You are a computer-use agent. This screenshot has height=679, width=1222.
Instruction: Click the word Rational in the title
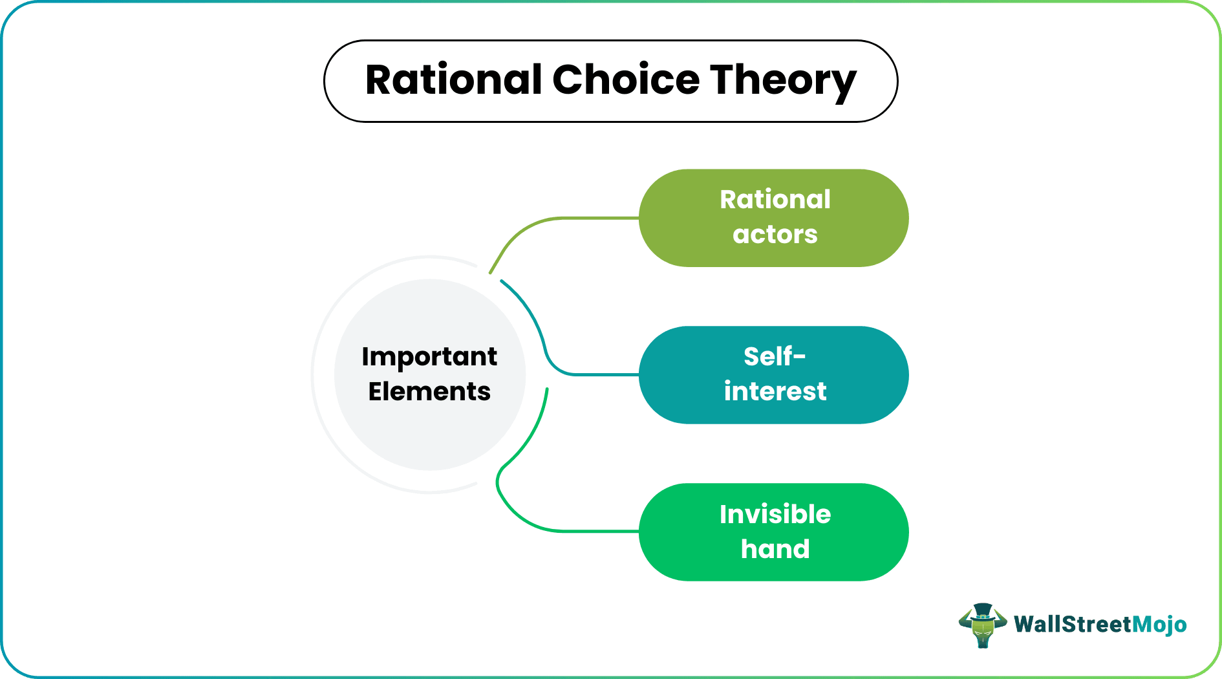click(x=453, y=80)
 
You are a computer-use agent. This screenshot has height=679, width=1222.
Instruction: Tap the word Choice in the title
click(x=625, y=80)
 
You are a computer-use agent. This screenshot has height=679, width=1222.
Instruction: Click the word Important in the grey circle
click(x=429, y=357)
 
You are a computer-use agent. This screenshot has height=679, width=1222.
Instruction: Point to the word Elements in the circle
click(x=429, y=392)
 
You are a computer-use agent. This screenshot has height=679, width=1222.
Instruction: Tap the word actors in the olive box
click(x=775, y=235)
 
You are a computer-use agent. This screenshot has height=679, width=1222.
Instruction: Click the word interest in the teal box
click(x=775, y=392)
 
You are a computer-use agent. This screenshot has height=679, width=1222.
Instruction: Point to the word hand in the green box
click(x=775, y=549)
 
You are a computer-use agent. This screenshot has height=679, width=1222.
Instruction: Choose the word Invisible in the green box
click(x=775, y=515)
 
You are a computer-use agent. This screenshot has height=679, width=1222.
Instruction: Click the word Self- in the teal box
click(x=775, y=357)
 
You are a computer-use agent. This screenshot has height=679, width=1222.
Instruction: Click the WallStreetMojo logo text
click(x=1100, y=625)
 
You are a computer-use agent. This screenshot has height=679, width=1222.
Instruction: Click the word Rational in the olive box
click(x=775, y=200)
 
